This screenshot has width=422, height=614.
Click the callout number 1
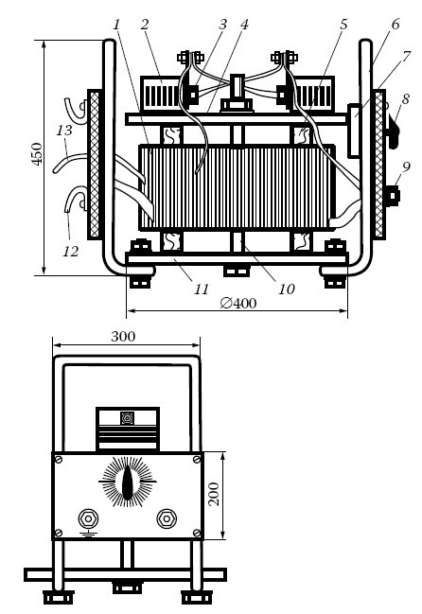[x=116, y=25]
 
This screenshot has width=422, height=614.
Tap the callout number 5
[x=343, y=25]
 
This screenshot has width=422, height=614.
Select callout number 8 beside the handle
[x=405, y=99]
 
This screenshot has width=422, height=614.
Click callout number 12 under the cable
[x=70, y=251]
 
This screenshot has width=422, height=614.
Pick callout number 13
[x=63, y=131]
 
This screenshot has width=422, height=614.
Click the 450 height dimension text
[x=37, y=154]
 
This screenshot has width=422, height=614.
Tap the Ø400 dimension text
[x=238, y=303]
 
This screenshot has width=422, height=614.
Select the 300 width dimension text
[x=123, y=337]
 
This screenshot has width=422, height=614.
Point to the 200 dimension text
[x=214, y=494]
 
